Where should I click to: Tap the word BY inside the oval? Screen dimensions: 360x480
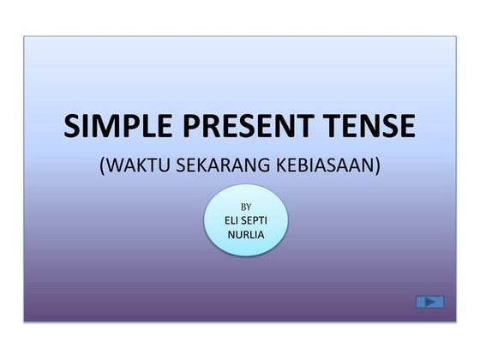[246, 207]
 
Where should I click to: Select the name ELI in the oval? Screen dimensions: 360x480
[225, 220]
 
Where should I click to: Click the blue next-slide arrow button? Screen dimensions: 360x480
[429, 302]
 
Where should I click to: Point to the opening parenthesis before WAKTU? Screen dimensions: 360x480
[104, 165]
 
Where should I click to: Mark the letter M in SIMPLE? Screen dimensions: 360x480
[105, 126]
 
